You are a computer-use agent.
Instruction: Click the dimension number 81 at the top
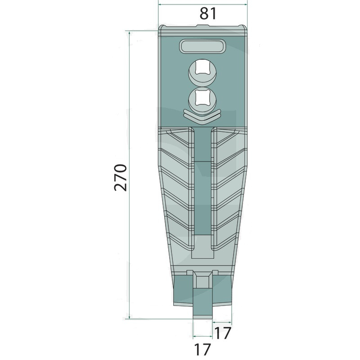pos(208,13)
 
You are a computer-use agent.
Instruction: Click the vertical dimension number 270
pos(121,177)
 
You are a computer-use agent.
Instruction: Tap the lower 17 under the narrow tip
pos(202,350)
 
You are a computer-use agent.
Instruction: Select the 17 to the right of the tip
pos(222,333)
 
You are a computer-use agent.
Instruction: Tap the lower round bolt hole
pos(202,100)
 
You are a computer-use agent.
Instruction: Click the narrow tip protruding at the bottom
pos(202,303)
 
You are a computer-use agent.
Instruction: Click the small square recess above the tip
pos(202,281)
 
